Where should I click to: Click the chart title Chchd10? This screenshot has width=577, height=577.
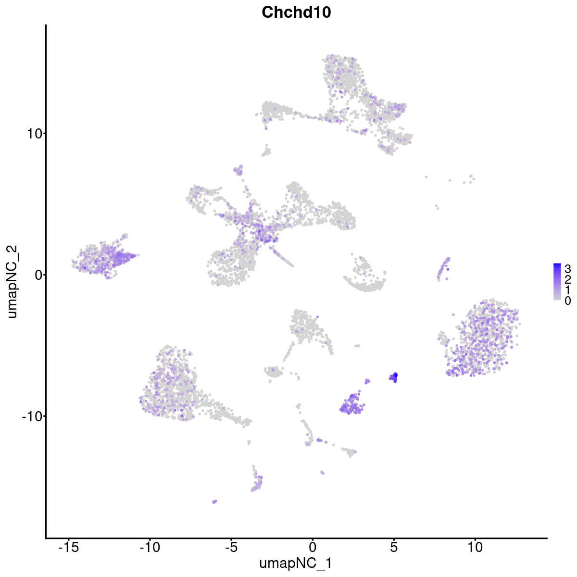point(296,13)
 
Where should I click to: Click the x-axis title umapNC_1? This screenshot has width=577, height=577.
point(296,563)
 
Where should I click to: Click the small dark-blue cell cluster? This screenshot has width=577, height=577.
point(395,377)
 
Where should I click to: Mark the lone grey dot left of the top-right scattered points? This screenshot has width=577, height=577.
point(426,177)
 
